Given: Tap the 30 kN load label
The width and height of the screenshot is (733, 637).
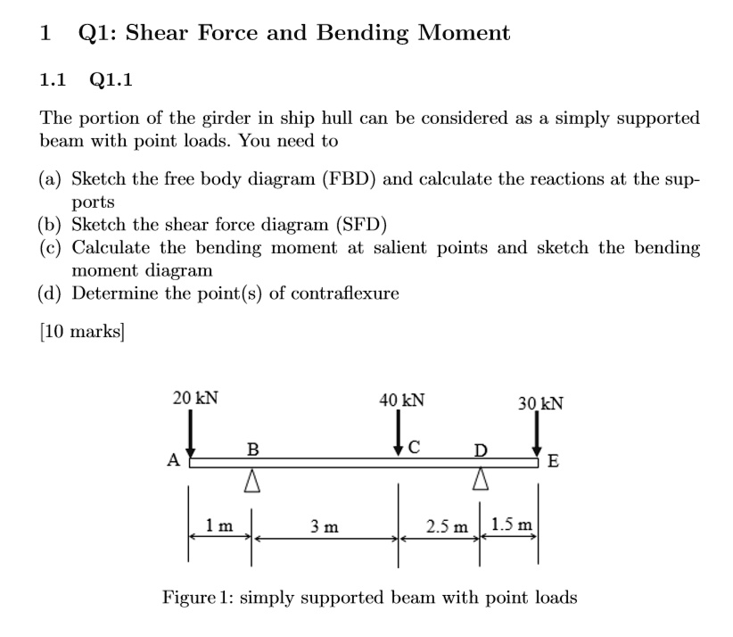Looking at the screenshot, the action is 540,401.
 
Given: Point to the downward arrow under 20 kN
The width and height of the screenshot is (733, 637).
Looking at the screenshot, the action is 189,435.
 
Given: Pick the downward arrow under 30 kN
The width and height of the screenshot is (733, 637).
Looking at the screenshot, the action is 538,438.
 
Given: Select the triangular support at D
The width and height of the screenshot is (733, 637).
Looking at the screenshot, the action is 481,481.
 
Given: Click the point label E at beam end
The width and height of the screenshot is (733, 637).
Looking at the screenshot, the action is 554,462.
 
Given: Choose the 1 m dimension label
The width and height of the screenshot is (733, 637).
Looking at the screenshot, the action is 218,526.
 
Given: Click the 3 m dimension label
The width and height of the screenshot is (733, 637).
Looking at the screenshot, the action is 325,526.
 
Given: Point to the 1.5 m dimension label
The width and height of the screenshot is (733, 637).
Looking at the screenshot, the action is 511,525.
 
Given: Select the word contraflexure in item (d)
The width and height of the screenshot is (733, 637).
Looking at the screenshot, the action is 343,293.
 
